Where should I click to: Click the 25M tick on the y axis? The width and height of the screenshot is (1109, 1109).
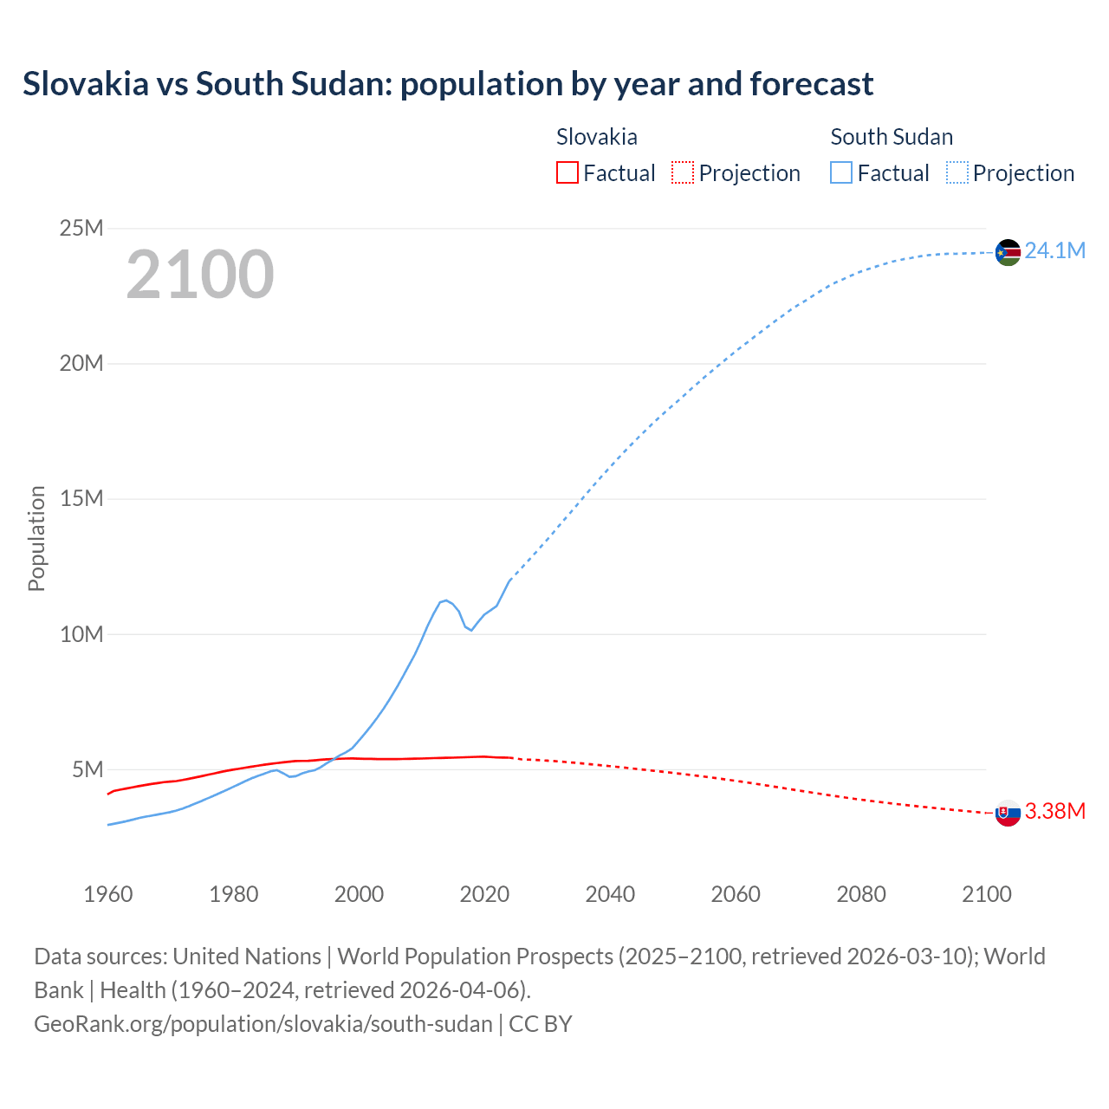tap(81, 228)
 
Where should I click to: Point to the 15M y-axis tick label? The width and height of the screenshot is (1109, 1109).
tap(81, 499)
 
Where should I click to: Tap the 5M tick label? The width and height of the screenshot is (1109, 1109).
tap(88, 769)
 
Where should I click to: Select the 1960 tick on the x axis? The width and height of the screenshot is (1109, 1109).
tap(108, 894)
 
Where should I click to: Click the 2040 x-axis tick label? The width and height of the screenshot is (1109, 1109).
tap(610, 894)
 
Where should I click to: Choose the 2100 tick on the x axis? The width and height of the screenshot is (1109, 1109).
tap(986, 894)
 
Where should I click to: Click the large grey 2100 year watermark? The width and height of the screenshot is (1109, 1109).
tap(200, 275)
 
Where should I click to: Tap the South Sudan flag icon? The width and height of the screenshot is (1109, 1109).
tap(1008, 252)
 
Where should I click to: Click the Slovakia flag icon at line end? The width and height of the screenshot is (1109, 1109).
tap(1008, 813)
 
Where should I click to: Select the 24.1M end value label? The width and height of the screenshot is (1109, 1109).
tap(1054, 251)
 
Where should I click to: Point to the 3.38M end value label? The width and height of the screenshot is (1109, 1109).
tap(1054, 811)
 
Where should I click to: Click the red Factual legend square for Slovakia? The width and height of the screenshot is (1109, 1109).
tap(567, 172)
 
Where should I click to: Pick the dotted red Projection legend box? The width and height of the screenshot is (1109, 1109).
tap(683, 172)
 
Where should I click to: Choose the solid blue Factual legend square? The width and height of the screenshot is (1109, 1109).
tap(841, 172)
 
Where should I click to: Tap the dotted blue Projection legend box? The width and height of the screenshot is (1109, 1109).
tap(957, 172)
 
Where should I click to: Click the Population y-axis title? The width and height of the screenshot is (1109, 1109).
tap(36, 538)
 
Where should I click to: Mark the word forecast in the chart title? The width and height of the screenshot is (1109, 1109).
tap(811, 84)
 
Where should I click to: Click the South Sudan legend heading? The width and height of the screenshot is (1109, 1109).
tap(891, 137)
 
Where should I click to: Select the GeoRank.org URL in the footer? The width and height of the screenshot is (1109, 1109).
tap(263, 1024)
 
